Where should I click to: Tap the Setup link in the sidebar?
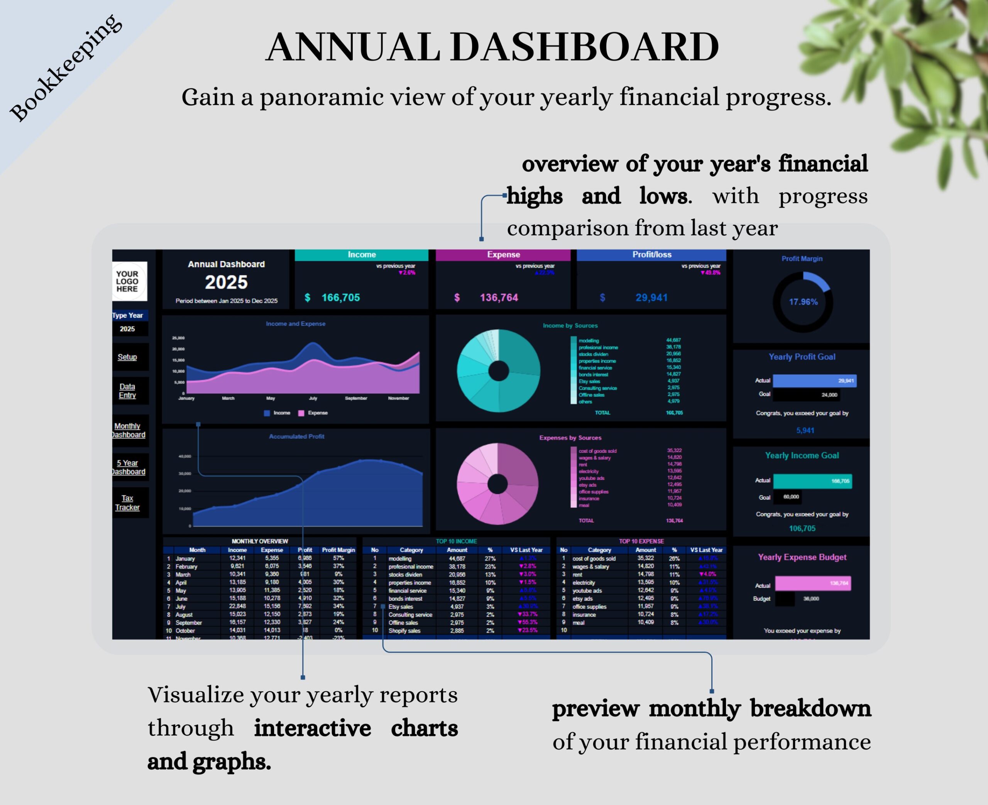(127, 357)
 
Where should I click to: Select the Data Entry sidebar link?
(127, 391)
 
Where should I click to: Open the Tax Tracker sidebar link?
(127, 503)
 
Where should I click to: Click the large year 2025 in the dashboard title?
(226, 282)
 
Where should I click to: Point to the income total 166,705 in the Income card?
(341, 298)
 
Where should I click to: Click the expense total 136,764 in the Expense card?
(499, 298)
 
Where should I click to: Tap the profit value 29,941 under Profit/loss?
(651, 298)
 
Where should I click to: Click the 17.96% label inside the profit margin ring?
(803, 302)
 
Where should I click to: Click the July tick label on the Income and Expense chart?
(313, 398)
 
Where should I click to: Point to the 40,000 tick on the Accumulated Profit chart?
(184, 456)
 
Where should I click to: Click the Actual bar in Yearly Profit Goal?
(814, 381)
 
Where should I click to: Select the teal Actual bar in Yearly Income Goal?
(812, 481)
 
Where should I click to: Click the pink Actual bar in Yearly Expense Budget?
(812, 583)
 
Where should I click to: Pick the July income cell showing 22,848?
(237, 606)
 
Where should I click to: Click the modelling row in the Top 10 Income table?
(400, 558)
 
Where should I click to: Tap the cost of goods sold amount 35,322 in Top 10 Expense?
(645, 558)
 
